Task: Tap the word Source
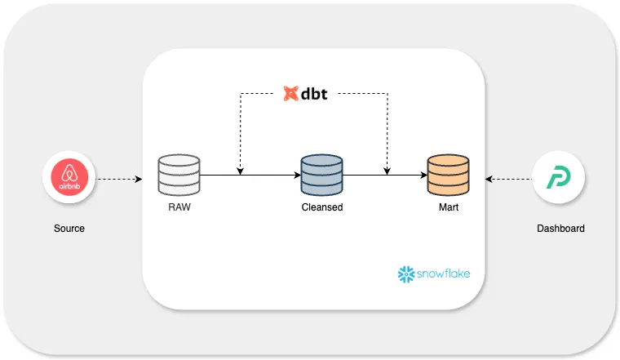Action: pyautogui.click(x=69, y=229)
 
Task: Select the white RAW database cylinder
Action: pyautogui.click(x=179, y=175)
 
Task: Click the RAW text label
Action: pyautogui.click(x=179, y=207)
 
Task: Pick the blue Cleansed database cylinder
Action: pyautogui.click(x=321, y=175)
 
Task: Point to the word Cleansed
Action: pyautogui.click(x=321, y=207)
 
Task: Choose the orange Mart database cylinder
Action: pyautogui.click(x=448, y=175)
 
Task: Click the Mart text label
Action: pyautogui.click(x=448, y=207)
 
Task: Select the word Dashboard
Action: pyautogui.click(x=560, y=229)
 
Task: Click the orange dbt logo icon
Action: pyautogui.click(x=290, y=93)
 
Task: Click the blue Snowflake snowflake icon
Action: pyautogui.click(x=405, y=274)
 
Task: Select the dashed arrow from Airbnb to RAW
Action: pyautogui.click(x=126, y=179)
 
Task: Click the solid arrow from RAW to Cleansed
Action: pyautogui.click(x=250, y=175)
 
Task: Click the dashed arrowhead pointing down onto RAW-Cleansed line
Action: pyautogui.click(x=240, y=170)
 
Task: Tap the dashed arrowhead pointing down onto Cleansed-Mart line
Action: pyautogui.click(x=387, y=170)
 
